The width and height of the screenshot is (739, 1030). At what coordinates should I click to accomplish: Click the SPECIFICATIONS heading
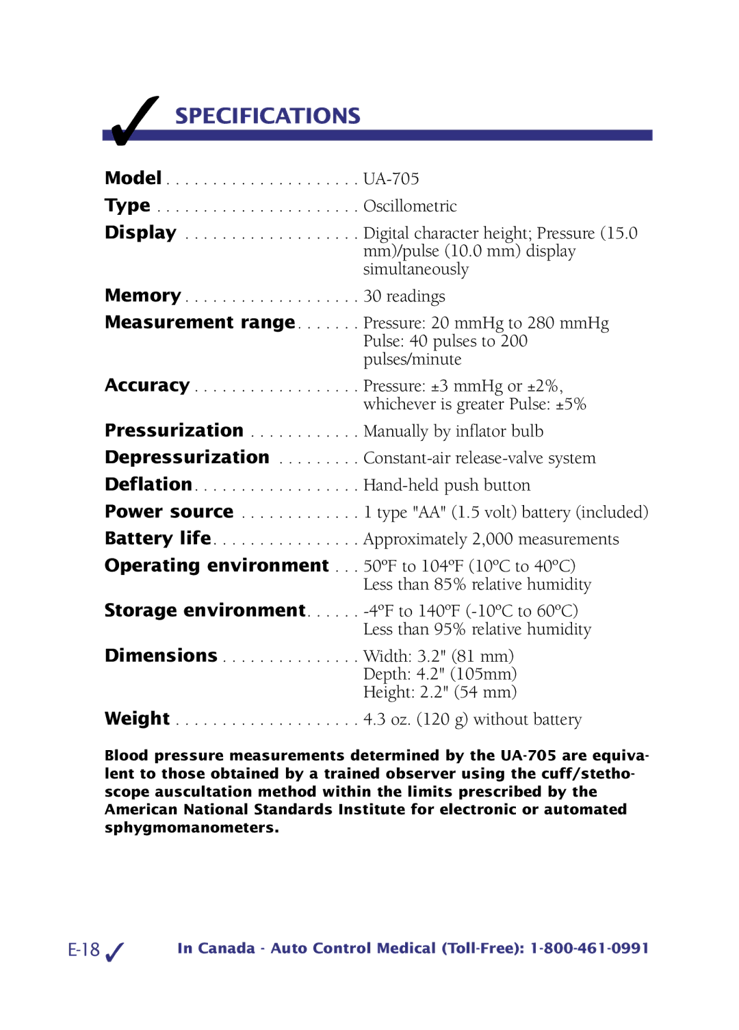[268, 116]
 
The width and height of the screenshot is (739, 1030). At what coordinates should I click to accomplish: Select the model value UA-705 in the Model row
[391, 179]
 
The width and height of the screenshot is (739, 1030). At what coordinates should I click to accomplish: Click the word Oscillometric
[410, 206]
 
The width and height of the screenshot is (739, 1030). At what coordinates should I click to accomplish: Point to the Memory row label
[142, 296]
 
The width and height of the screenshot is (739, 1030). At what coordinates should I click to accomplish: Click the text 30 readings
[404, 296]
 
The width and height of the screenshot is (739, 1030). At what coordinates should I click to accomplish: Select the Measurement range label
[200, 322]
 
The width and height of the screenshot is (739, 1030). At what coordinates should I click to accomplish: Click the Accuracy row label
[147, 385]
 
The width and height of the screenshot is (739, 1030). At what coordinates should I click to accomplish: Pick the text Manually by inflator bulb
[453, 431]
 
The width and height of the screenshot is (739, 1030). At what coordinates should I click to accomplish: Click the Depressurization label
[187, 457]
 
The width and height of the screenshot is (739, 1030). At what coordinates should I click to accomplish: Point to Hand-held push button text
[447, 485]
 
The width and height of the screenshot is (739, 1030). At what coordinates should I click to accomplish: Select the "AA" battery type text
[429, 513]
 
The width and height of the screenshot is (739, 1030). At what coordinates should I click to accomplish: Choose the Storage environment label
[205, 610]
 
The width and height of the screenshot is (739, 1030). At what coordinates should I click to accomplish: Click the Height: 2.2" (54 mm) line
[439, 692]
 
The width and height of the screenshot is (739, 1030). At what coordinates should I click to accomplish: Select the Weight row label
[137, 719]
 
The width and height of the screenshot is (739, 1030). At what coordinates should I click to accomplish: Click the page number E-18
[84, 950]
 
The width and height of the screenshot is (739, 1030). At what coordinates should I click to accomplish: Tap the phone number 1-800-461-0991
[589, 949]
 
